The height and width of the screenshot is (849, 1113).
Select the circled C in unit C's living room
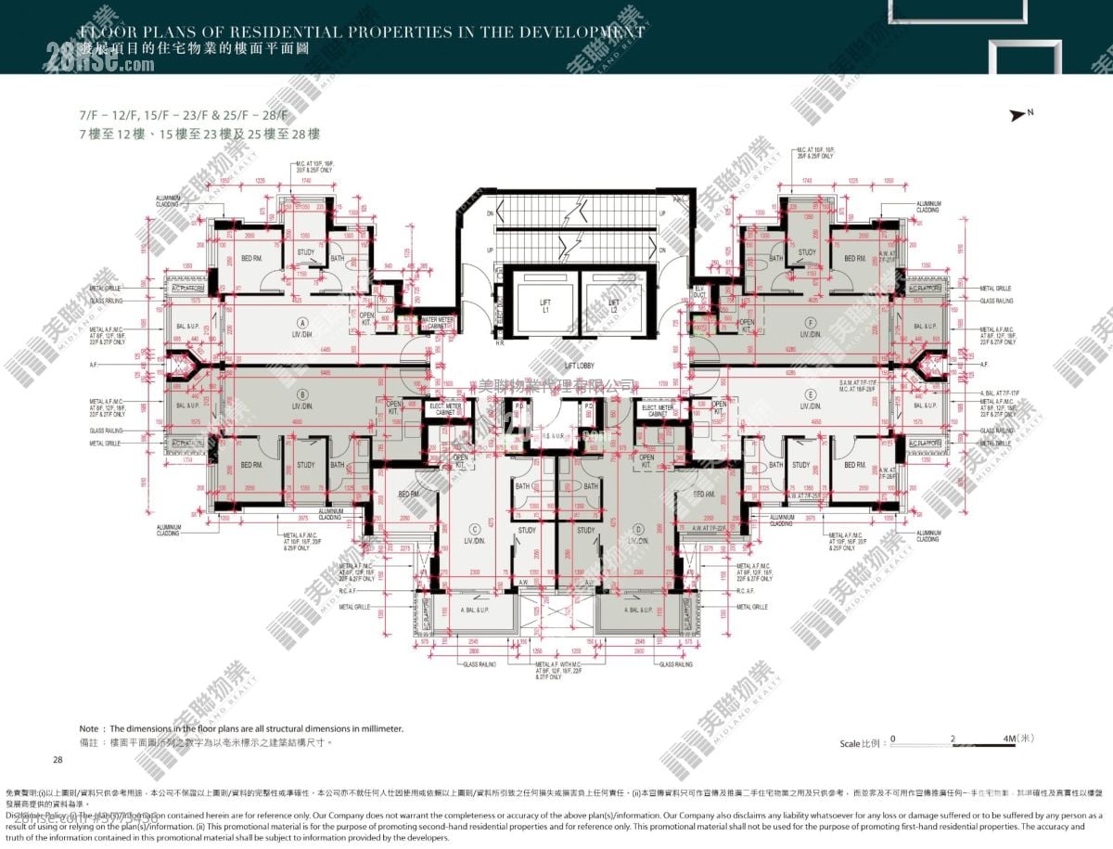474,528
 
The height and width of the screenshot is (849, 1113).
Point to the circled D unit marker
636,528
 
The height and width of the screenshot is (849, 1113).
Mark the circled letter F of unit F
810,324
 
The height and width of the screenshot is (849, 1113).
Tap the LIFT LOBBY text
579,367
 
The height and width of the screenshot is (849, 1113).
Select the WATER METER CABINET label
437,323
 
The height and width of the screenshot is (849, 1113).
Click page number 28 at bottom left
58,760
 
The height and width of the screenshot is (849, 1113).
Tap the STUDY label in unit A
305,252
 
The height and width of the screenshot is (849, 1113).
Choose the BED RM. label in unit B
251,465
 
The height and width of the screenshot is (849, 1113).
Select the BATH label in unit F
776,258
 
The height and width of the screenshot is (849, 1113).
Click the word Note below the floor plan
89,729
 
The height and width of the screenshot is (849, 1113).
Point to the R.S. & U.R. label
555,434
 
